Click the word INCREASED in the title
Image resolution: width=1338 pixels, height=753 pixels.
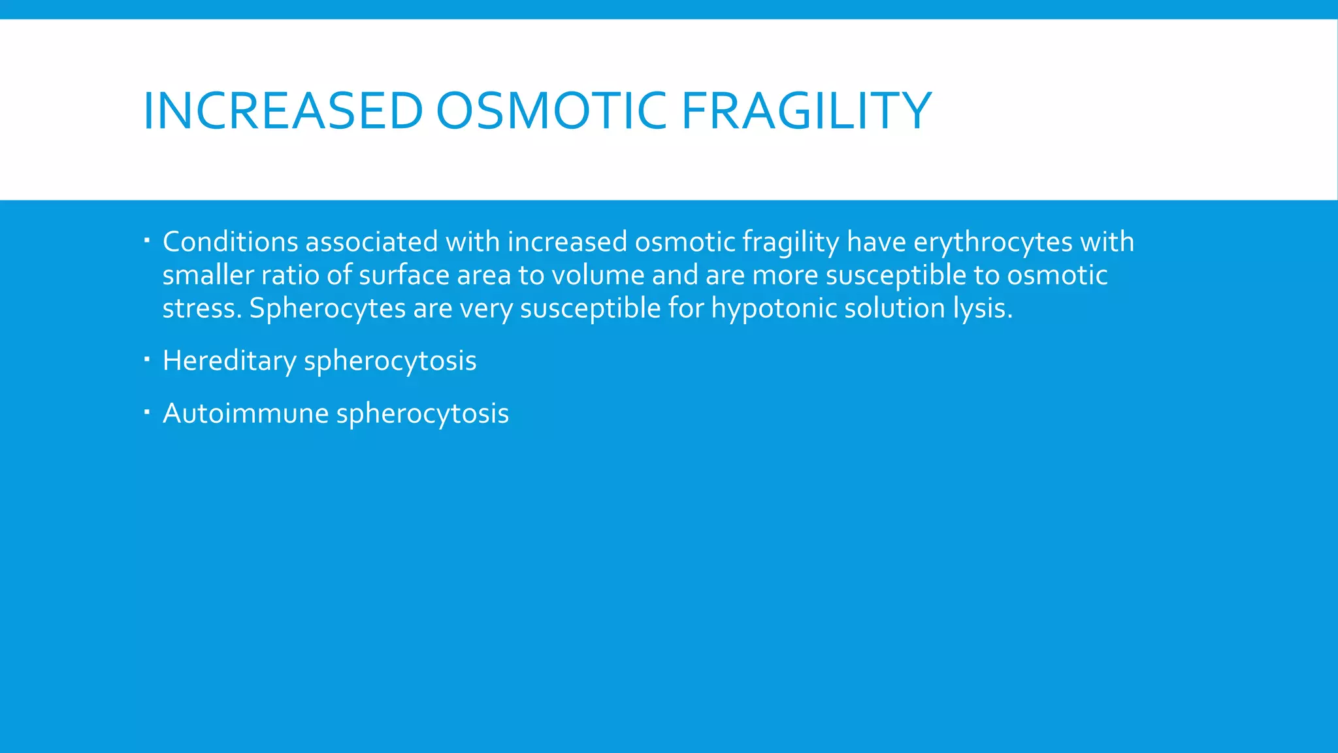point(282,110)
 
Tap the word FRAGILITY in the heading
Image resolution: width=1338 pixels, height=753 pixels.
point(806,110)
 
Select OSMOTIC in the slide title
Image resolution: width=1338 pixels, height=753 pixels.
point(551,110)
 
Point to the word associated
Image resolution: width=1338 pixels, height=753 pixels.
point(371,242)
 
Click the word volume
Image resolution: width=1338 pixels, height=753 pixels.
point(598,275)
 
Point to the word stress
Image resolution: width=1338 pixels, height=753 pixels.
point(201,309)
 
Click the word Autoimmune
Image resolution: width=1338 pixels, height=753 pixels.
point(246,414)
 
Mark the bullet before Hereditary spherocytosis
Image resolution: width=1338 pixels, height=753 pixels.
point(147,359)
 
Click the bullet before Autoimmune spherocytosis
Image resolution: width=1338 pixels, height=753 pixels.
point(147,412)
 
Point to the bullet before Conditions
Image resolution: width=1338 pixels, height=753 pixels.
point(147,241)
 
